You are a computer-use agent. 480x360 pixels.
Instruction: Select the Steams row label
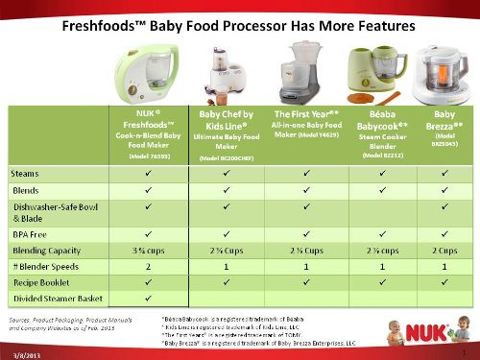(x=25, y=176)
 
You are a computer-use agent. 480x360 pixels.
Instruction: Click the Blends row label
(x=25, y=190)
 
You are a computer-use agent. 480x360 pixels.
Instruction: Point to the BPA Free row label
(x=30, y=230)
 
